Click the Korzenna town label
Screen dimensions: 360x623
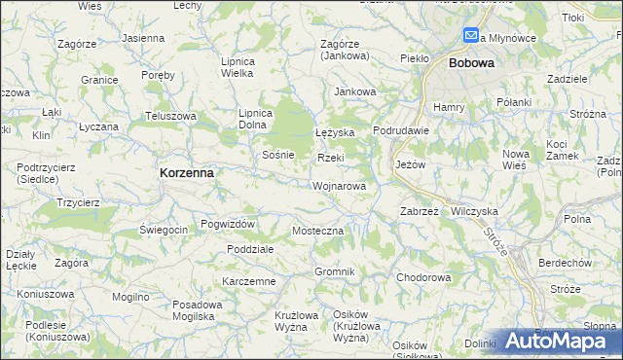click(186, 171)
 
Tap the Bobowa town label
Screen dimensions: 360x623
click(471, 62)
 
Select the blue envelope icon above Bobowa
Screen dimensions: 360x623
click(471, 35)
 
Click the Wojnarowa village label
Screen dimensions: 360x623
click(340, 185)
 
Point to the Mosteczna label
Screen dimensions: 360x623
click(318, 231)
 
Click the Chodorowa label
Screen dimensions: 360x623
click(423, 277)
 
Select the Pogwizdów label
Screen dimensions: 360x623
click(227, 225)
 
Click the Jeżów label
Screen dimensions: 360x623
click(411, 164)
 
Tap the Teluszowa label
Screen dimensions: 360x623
click(171, 116)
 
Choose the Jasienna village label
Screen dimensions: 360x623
click(144, 38)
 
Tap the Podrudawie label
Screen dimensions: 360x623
click(401, 132)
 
